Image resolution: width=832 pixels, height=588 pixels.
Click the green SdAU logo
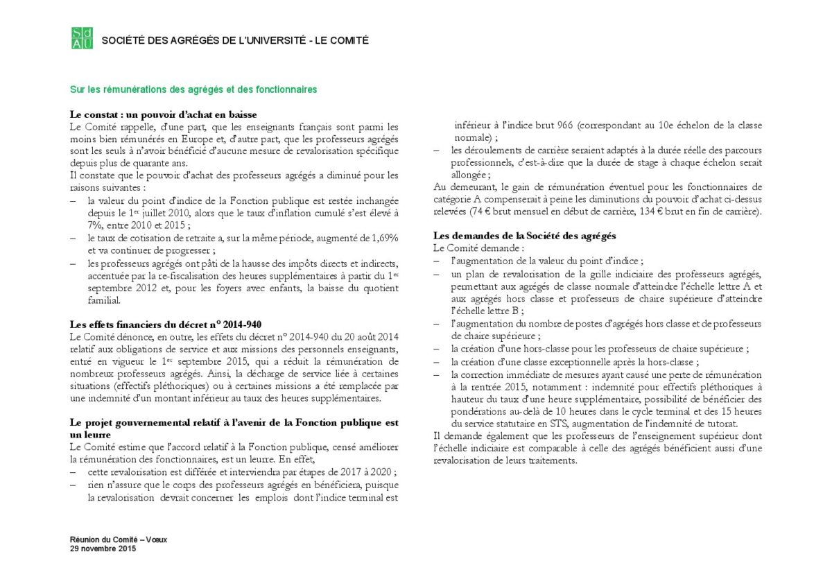click(81, 39)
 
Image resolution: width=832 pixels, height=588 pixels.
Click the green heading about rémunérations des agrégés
click(193, 90)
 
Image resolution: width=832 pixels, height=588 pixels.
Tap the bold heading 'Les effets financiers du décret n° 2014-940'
click(166, 324)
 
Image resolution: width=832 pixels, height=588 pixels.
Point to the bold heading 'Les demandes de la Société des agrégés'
click(525, 236)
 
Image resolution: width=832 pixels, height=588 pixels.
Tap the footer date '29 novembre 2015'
click(103, 548)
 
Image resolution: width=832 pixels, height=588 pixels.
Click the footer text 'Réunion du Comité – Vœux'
click(119, 539)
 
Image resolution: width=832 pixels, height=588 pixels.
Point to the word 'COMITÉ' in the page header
click(352, 41)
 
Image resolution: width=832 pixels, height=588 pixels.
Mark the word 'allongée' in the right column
click(469, 174)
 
